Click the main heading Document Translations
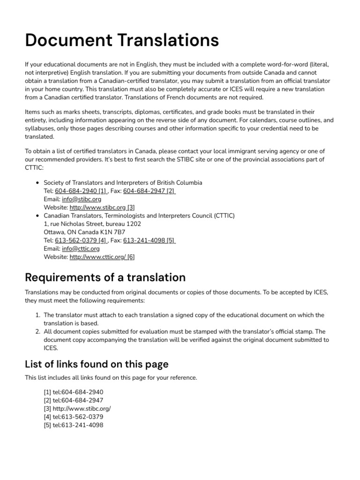pyautogui.click(x=121, y=40)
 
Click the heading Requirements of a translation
pyautogui.click(x=105, y=277)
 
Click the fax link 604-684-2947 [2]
pyautogui.click(x=150, y=191)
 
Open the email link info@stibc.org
pyautogui.click(x=81, y=199)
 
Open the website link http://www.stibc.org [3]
pyautogui.click(x=102, y=207)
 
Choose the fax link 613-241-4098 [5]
pyautogui.click(x=150, y=240)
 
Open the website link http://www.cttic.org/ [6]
pyautogui.click(x=102, y=257)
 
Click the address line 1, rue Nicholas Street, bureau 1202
pyautogui.click(x=92, y=224)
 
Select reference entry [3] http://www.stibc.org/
pyautogui.click(x=77, y=408)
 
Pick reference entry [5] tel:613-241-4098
pyautogui.click(x=73, y=425)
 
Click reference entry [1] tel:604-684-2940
pyautogui.click(x=73, y=392)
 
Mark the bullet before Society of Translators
pyautogui.click(x=37, y=182)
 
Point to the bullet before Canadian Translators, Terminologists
pyautogui.click(x=37, y=216)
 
